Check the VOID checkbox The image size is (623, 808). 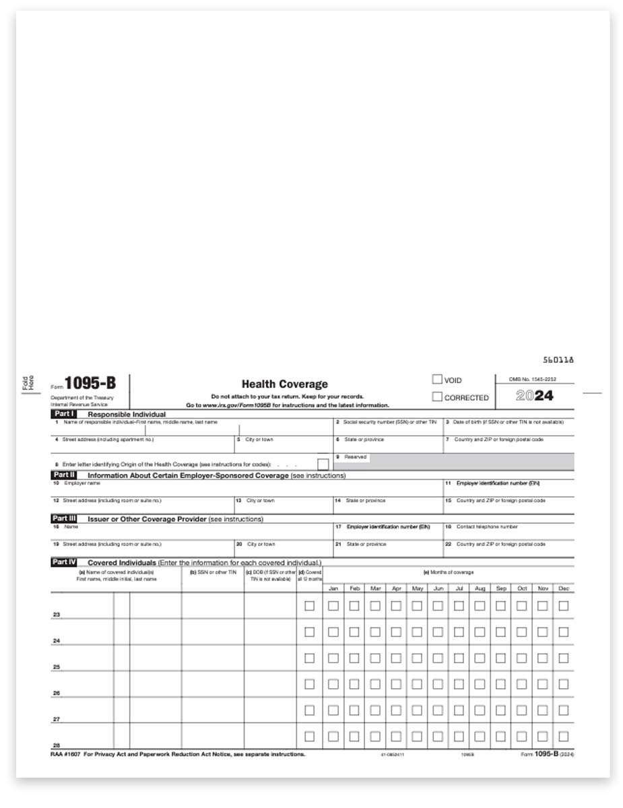tap(437, 380)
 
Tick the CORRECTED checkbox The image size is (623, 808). tap(437, 397)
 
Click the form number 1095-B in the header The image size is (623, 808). tap(90, 384)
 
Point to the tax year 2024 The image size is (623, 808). tap(535, 396)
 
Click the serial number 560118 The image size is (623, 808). tap(558, 360)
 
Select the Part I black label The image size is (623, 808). tap(65, 414)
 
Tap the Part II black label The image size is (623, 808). tap(65, 475)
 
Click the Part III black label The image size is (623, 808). tap(65, 519)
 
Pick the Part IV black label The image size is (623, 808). tap(65, 562)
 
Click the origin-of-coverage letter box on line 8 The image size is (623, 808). tap(323, 464)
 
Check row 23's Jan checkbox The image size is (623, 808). tap(333, 606)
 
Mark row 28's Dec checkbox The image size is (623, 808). tap(563, 736)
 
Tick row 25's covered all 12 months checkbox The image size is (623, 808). tap(309, 658)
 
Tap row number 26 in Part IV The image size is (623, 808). tap(57, 694)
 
